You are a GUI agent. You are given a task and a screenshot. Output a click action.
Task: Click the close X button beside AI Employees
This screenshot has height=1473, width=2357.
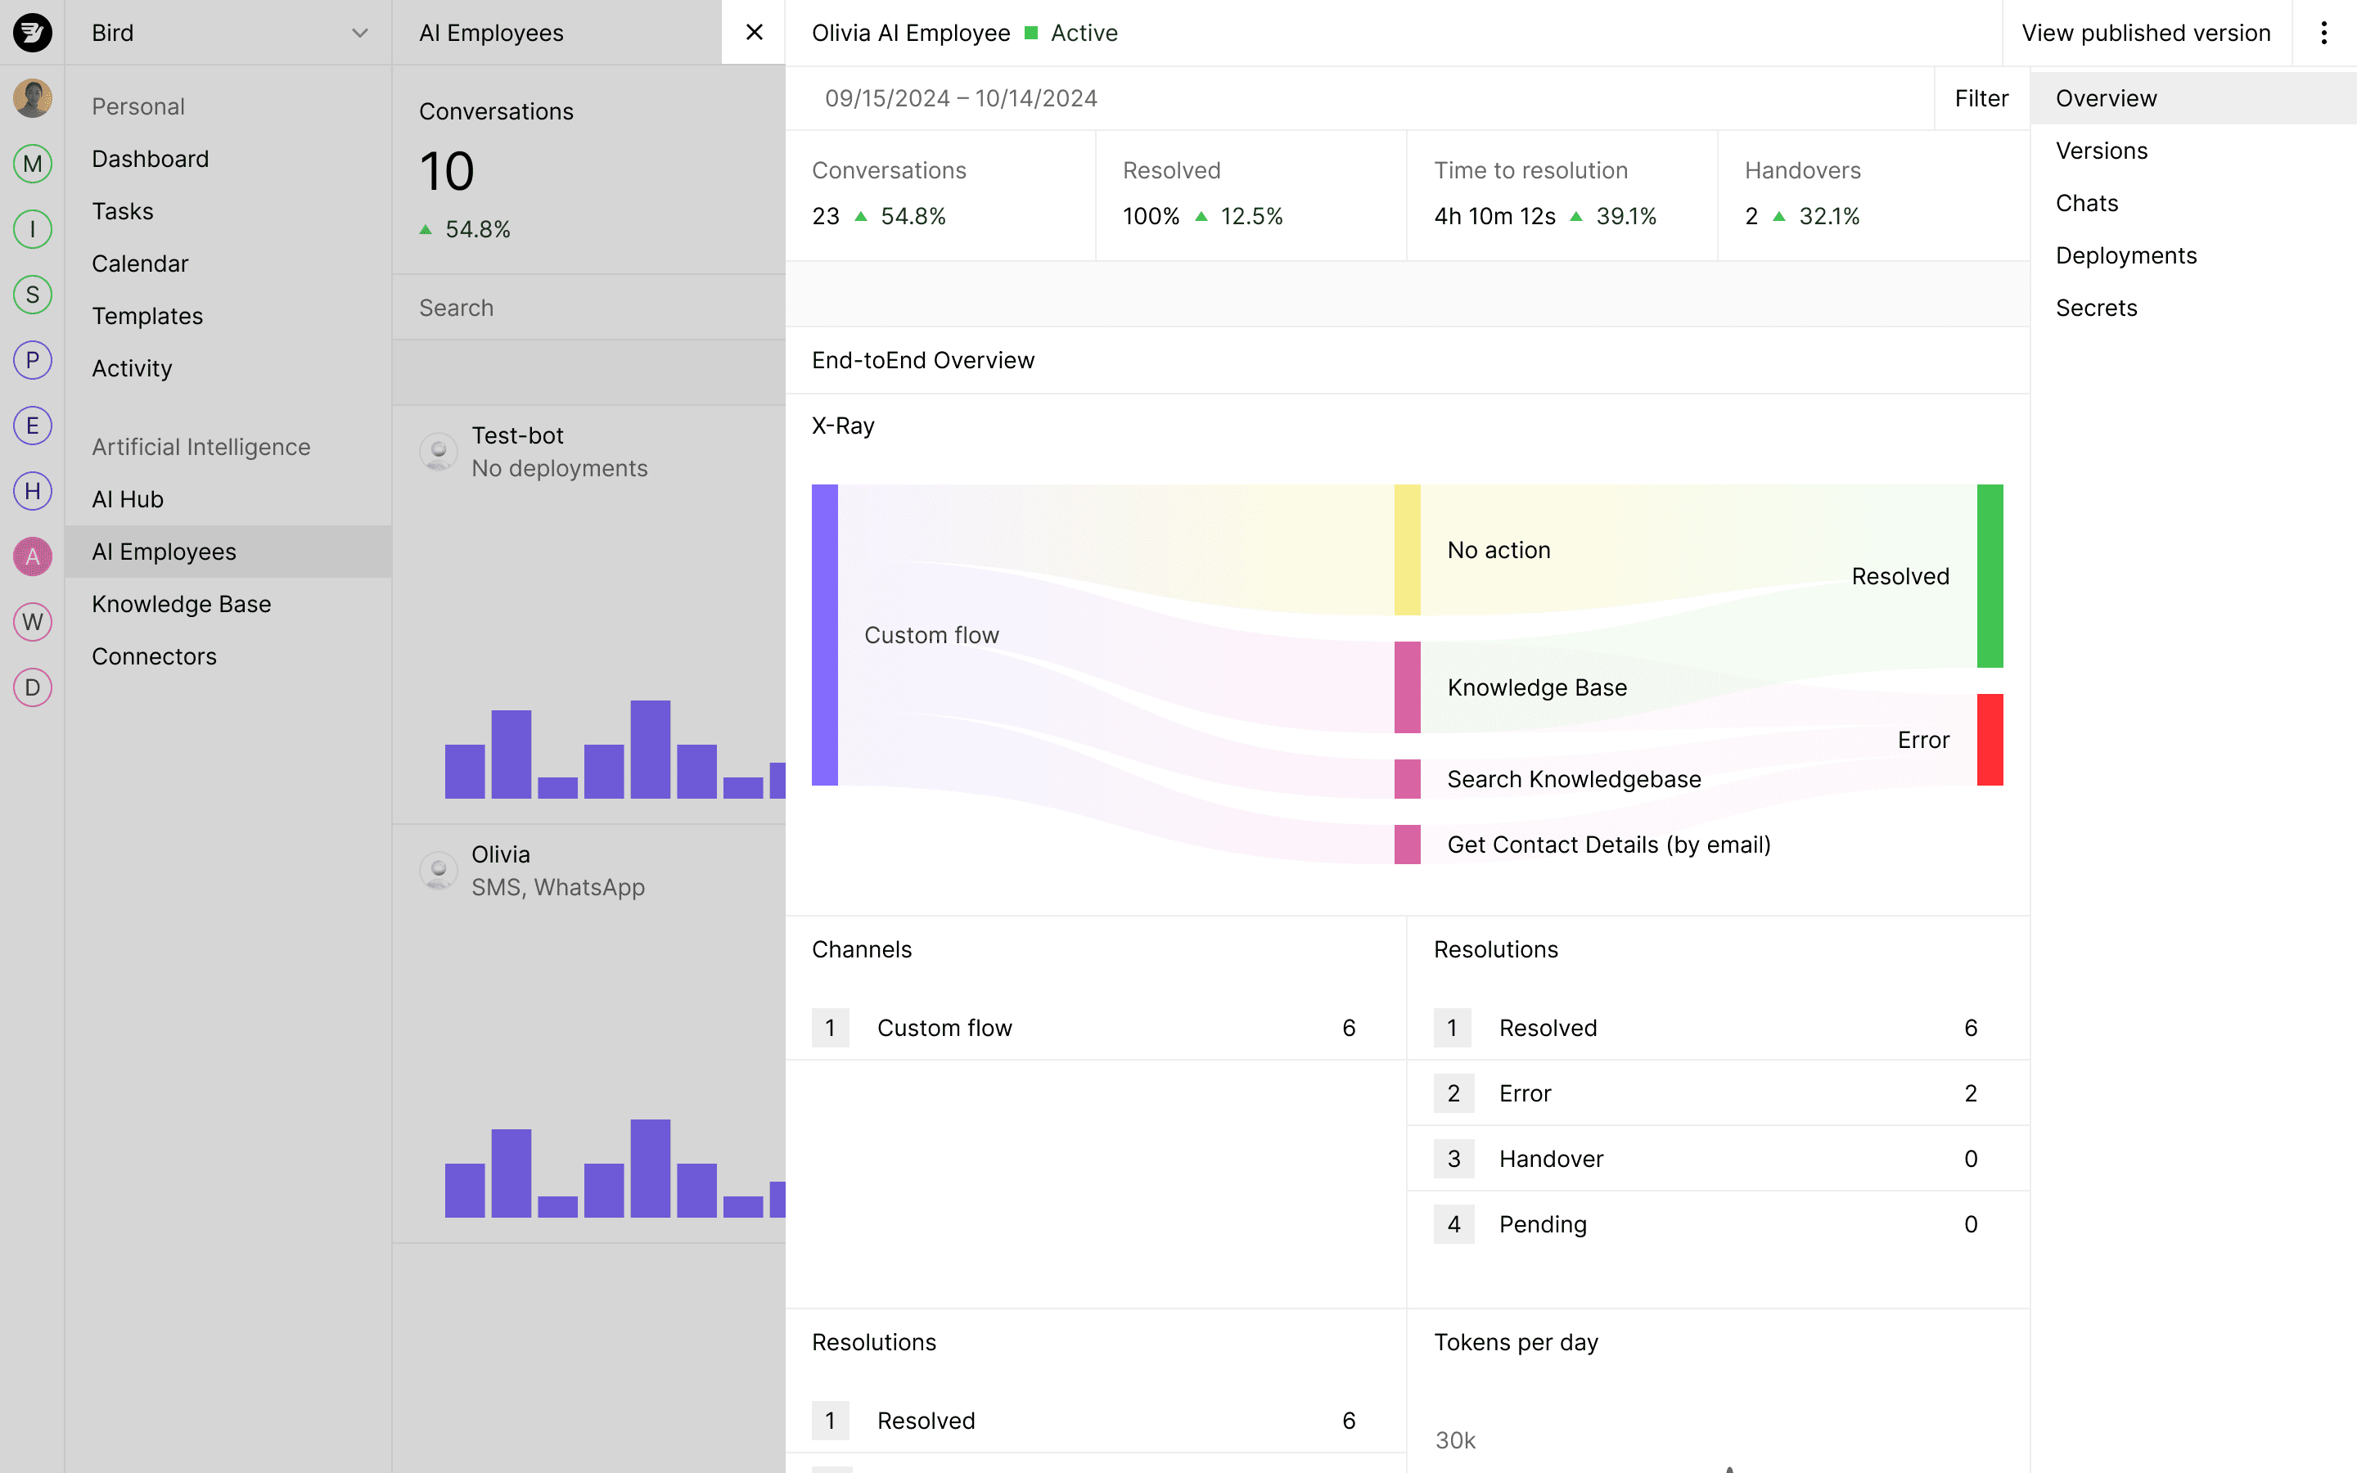tap(753, 32)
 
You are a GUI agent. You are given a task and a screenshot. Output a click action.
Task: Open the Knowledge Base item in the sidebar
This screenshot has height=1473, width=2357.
tap(181, 604)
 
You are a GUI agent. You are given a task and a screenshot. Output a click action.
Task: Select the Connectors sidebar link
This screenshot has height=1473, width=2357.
tap(154, 656)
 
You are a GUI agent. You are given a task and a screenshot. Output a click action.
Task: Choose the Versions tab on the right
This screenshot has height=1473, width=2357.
tap(2101, 151)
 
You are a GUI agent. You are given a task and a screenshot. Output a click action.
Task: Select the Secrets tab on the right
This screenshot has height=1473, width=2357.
tap(2096, 308)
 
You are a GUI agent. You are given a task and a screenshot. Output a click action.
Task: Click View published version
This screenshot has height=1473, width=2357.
tap(2145, 32)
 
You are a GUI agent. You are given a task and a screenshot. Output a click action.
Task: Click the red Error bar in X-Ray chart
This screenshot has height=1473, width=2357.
tap(1989, 740)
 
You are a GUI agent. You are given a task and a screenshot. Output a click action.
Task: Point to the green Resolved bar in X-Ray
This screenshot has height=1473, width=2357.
tap(1989, 576)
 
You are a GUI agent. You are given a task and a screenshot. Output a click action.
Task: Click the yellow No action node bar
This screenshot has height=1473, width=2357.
tap(1406, 549)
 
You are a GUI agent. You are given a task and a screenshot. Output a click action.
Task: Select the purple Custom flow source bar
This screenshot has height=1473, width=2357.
tap(824, 634)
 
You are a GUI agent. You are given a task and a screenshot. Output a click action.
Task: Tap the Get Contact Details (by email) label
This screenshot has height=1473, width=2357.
tap(1608, 845)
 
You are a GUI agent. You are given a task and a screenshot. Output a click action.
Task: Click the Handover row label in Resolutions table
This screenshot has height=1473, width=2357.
tap(1551, 1158)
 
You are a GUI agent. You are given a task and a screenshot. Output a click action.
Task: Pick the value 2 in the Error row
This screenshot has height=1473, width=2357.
tap(1969, 1093)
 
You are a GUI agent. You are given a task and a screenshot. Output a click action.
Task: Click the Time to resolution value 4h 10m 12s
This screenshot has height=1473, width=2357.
tap(1494, 216)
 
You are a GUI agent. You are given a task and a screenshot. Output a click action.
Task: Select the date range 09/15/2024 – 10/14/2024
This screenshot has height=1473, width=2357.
tap(960, 98)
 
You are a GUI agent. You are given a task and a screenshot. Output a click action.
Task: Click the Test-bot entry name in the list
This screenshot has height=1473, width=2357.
tap(517, 435)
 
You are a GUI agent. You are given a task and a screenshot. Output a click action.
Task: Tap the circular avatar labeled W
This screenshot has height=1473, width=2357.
tap(32, 622)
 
